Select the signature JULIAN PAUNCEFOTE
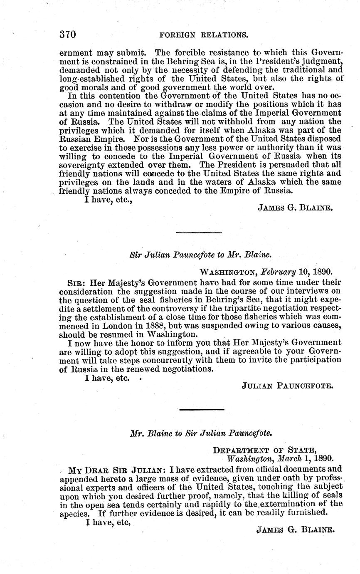coord(287,386)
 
